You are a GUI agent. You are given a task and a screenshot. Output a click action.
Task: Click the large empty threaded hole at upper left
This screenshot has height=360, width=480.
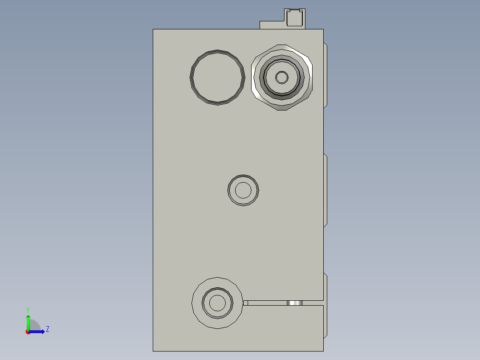[x=217, y=78]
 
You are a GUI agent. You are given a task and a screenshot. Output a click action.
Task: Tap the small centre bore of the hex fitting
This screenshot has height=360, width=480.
[x=281, y=78]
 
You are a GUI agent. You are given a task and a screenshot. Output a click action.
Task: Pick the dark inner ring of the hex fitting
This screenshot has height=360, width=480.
[x=281, y=92]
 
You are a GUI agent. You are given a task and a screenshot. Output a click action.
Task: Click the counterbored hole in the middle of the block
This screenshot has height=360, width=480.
[x=243, y=191]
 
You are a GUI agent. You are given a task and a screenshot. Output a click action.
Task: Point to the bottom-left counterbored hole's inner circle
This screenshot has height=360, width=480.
[x=217, y=303]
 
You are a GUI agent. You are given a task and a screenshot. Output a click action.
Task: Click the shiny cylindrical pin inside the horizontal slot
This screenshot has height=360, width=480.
[x=294, y=303]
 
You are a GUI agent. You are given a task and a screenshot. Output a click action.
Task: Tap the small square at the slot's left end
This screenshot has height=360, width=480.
[x=245, y=303]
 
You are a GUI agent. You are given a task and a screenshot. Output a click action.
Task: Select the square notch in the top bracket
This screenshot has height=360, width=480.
[x=294, y=18]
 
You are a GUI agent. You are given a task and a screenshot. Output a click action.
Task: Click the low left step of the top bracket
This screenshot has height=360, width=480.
[x=271, y=25]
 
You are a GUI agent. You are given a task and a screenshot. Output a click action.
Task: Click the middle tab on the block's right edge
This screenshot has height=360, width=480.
[x=325, y=191]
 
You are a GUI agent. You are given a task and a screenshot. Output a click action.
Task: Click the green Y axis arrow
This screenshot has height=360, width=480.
[x=28, y=321]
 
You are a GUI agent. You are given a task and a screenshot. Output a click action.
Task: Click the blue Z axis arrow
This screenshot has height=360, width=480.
[x=38, y=331]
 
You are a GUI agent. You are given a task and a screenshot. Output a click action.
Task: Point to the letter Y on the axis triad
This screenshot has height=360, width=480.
[x=28, y=310]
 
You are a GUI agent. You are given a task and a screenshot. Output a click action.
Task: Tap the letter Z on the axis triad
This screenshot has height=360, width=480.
[x=47, y=329]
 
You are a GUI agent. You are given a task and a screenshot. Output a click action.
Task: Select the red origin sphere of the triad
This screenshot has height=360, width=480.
[x=28, y=332]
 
